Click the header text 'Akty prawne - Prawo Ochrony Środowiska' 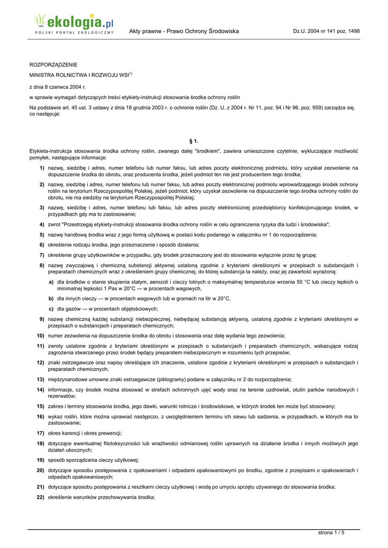[x=184, y=32]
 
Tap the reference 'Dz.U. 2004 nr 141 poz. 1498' [x=326, y=32]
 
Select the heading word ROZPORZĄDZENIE [x=53, y=64]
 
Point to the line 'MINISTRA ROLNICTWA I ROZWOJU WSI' [x=79, y=75]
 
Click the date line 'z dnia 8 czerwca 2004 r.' [x=57, y=86]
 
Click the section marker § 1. [x=194, y=141]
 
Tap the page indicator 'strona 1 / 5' [x=331, y=532]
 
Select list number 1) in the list [x=41, y=168]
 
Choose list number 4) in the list [x=41, y=224]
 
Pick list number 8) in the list [x=41, y=265]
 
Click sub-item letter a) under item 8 [x=51, y=281]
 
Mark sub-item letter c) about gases [x=51, y=308]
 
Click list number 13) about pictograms [x=40, y=379]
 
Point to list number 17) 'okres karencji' [x=40, y=433]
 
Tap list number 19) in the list [x=40, y=460]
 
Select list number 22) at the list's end [x=40, y=497]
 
